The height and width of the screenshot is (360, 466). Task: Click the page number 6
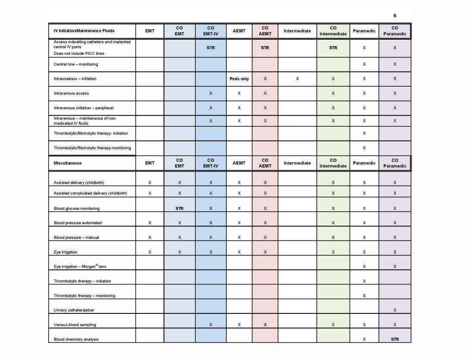(x=395, y=16)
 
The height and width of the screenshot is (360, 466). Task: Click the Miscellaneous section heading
(x=68, y=163)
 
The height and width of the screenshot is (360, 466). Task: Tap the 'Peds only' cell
(x=239, y=79)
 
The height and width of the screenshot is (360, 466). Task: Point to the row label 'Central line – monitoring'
(x=76, y=64)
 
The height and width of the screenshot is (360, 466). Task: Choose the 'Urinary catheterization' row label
(x=74, y=310)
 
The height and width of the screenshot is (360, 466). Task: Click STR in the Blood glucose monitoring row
(x=179, y=208)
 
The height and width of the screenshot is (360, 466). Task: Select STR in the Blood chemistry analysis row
(x=395, y=339)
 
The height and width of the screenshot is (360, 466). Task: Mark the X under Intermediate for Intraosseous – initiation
(x=297, y=79)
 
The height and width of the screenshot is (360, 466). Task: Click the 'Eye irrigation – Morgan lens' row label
(x=80, y=266)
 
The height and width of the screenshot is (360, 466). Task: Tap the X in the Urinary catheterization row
(x=395, y=310)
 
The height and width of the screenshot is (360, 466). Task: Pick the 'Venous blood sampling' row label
(x=75, y=325)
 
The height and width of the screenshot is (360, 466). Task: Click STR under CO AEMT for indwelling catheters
(x=265, y=48)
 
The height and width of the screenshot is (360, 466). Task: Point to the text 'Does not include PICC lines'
(x=79, y=53)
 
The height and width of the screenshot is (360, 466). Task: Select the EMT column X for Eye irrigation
(x=150, y=252)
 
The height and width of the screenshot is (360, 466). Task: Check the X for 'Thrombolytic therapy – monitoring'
(x=364, y=296)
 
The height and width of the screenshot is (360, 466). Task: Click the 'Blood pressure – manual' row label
(x=76, y=238)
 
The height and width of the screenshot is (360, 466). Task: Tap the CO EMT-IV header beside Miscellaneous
(x=210, y=163)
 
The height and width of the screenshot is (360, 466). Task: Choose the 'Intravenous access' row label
(x=72, y=93)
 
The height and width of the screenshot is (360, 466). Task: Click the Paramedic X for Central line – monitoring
(x=364, y=64)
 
